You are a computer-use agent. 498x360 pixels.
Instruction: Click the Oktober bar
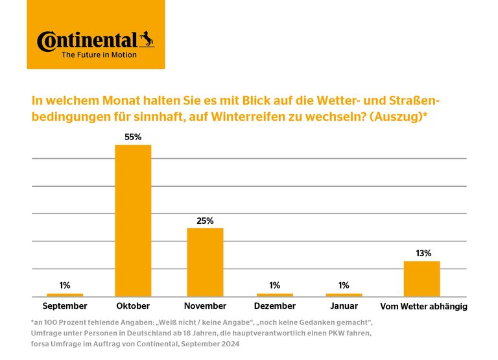(133, 221)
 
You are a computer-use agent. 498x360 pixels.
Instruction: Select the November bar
(205, 262)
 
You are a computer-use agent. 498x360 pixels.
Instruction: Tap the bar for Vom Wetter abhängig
(421, 279)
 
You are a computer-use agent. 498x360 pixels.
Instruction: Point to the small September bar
(65, 295)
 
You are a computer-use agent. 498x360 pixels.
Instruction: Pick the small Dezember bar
(274, 295)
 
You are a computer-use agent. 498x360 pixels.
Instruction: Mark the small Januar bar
(344, 295)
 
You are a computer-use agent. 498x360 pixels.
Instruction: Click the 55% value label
(133, 138)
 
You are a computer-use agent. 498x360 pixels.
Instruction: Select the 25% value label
(205, 221)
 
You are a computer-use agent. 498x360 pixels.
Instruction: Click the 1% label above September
(65, 285)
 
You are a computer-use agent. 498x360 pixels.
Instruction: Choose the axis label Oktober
(133, 306)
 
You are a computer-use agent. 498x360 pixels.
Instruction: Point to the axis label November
(205, 306)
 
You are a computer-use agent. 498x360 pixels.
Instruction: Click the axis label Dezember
(274, 306)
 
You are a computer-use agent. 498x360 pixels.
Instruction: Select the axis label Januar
(344, 306)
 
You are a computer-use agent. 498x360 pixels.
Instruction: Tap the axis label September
(65, 306)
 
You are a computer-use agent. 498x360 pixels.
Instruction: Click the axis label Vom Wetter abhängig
(423, 306)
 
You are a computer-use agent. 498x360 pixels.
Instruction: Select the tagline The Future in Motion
(99, 55)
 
